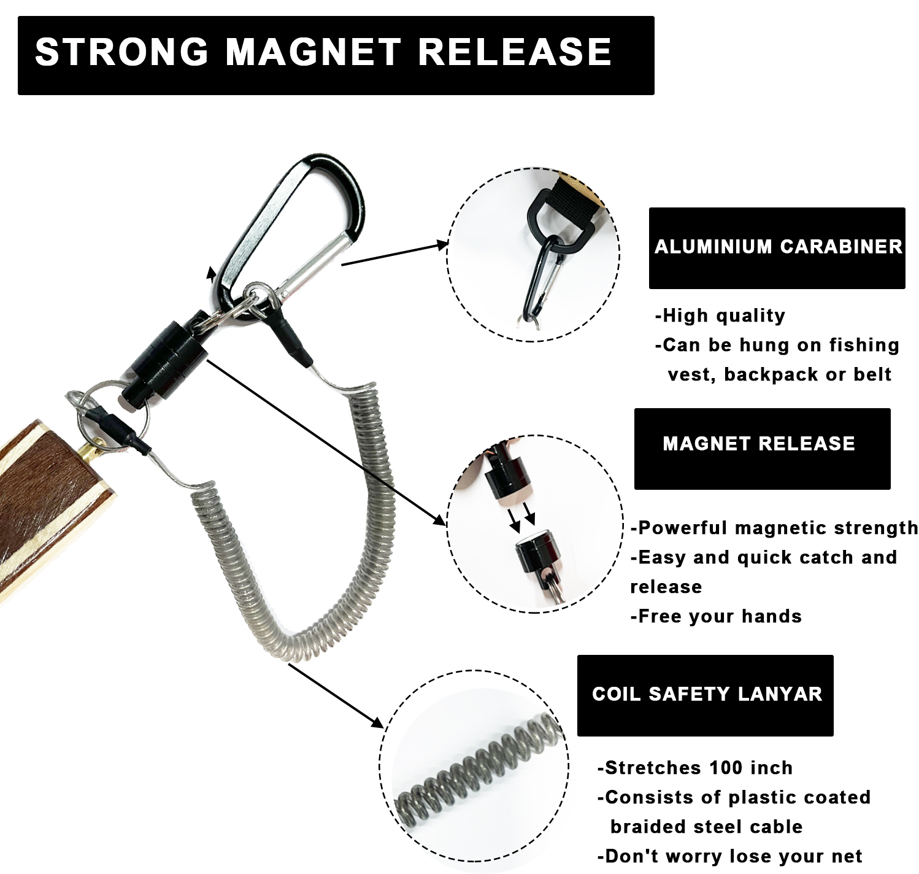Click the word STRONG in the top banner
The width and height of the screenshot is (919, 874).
pyautogui.click(x=121, y=52)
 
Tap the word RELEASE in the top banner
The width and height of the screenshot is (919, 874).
pyautogui.click(x=515, y=52)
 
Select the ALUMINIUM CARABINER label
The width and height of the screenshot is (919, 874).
pyautogui.click(x=779, y=247)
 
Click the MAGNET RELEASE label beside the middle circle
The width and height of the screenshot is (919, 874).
pyautogui.click(x=759, y=443)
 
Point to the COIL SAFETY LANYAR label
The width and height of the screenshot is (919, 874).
pyautogui.click(x=707, y=694)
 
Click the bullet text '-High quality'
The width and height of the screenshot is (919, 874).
pyautogui.click(x=720, y=316)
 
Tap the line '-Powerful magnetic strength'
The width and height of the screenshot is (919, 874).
pyautogui.click(x=774, y=528)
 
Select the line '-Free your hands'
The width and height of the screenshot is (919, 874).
pyautogui.click(x=716, y=616)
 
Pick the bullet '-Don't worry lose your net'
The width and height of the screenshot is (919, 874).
pyautogui.click(x=729, y=856)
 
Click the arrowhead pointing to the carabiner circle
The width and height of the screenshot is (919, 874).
pyautogui.click(x=442, y=245)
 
